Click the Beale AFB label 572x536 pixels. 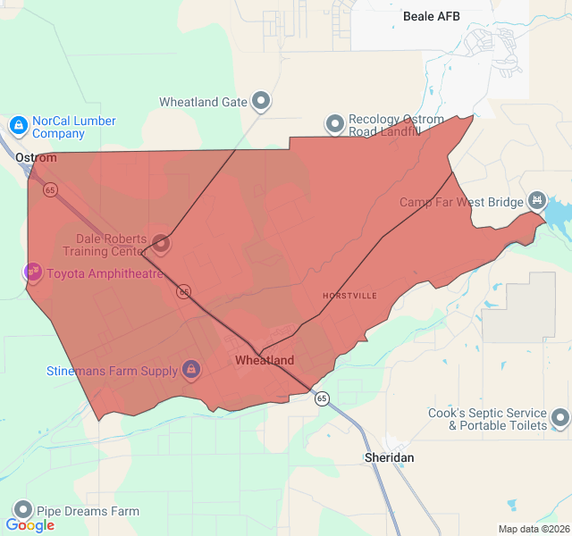(x=431, y=16)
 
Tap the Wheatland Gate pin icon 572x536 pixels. (x=261, y=101)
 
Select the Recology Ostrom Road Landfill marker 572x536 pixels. (x=334, y=124)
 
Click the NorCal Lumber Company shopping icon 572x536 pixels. (x=18, y=124)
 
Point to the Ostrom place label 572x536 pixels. (x=36, y=158)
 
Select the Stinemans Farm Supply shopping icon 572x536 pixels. (x=190, y=369)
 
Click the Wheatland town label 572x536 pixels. (x=265, y=361)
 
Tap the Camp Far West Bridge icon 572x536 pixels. (x=536, y=200)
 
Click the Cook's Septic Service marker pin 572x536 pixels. (x=560, y=417)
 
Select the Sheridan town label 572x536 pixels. (x=390, y=457)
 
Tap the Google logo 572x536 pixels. (x=30, y=525)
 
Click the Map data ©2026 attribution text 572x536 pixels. (x=532, y=529)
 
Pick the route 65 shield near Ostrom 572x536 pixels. (x=50, y=190)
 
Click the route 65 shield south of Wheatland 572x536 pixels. (x=322, y=398)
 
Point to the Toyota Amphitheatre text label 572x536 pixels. (x=105, y=273)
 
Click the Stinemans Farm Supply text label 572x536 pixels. (x=113, y=370)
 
